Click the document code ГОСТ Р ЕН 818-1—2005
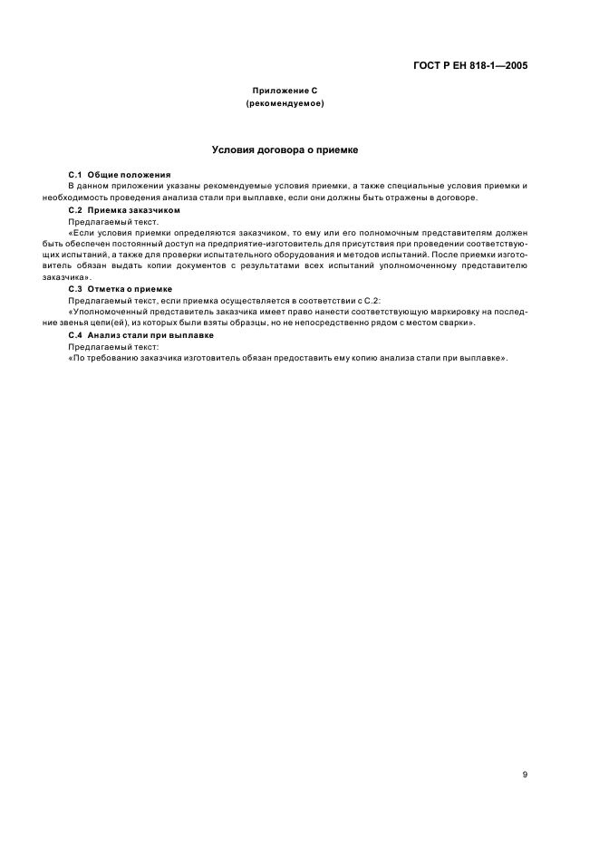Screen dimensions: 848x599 [x=470, y=66]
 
